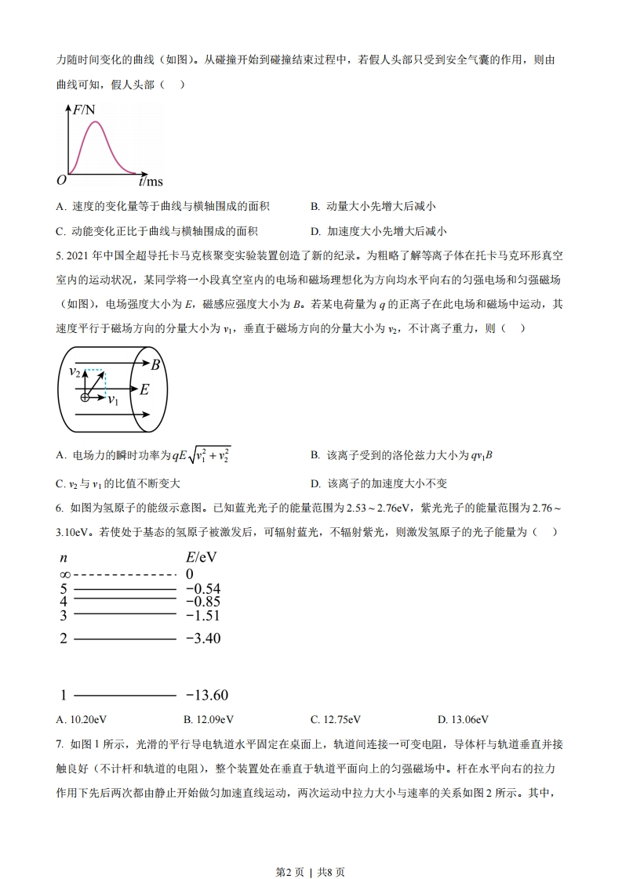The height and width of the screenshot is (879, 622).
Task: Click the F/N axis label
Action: (84, 110)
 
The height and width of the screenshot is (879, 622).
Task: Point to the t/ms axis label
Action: (150, 181)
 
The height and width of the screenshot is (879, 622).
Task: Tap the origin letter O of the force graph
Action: (61, 180)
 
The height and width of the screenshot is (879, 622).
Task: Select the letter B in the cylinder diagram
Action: (155, 364)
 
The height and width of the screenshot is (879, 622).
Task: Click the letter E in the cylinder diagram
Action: (144, 389)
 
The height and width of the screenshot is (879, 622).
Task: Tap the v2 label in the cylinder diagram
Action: (75, 371)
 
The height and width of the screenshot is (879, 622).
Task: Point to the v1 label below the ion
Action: (113, 400)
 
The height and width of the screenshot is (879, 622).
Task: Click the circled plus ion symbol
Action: (85, 397)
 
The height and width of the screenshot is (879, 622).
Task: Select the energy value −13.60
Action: (206, 695)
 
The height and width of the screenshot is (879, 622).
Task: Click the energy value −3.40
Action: (203, 638)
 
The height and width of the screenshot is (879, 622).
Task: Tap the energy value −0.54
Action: (203, 589)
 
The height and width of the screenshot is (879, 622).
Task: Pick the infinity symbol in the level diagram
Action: (64, 574)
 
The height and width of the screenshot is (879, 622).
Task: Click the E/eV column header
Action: (200, 558)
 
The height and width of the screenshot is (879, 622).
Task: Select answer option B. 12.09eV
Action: (209, 719)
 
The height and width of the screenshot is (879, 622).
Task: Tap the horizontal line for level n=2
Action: (124, 638)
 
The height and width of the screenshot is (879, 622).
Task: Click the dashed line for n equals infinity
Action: (124, 574)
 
